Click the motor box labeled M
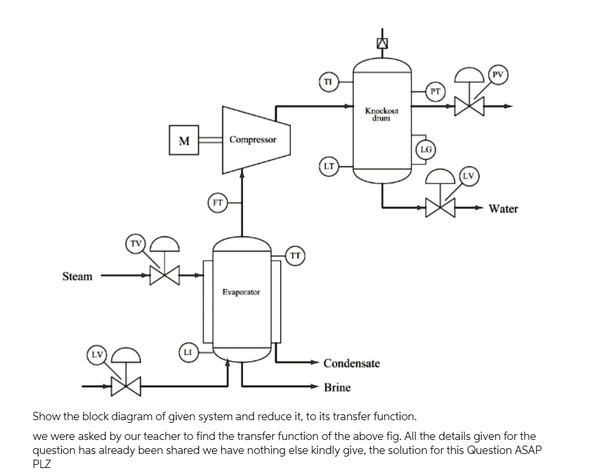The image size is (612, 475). click(x=184, y=140)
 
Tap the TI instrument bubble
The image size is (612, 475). click(x=328, y=82)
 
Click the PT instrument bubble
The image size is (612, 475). click(x=435, y=91)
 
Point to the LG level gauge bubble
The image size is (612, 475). click(x=426, y=149)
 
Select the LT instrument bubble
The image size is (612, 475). click(x=328, y=166)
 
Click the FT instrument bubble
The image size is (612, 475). click(x=217, y=203)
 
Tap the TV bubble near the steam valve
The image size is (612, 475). click(x=135, y=244)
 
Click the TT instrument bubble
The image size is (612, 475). click(x=295, y=255)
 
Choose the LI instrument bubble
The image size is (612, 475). click(x=187, y=352)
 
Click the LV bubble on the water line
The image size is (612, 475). click(x=469, y=175)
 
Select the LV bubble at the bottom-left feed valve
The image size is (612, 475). click(x=97, y=355)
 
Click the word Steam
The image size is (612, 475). click(x=77, y=277)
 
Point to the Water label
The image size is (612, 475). click(x=503, y=208)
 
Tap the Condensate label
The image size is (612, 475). click(x=351, y=363)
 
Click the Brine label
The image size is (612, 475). click(x=337, y=387)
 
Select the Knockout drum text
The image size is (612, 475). click(x=382, y=113)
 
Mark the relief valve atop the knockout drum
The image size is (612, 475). click(x=382, y=43)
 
